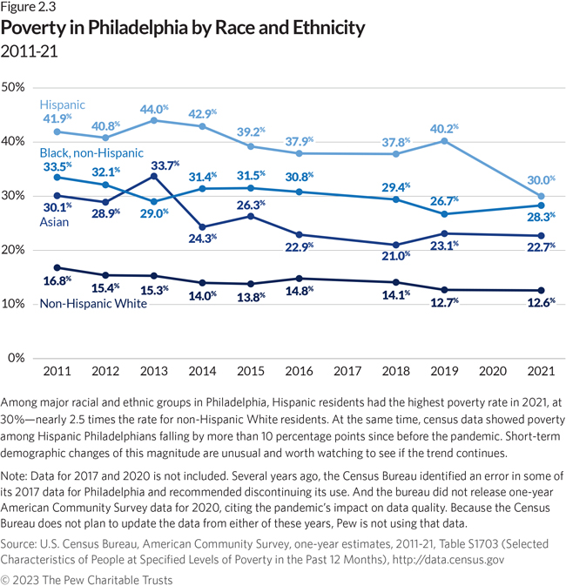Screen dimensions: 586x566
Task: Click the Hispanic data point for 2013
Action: tap(154, 120)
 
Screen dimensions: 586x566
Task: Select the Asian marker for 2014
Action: tap(203, 227)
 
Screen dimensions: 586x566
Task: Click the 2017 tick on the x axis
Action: tap(346, 371)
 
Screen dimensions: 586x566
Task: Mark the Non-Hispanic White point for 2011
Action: tap(57, 267)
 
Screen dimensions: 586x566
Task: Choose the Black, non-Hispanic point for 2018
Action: tap(396, 199)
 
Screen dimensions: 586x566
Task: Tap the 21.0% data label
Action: tap(395, 255)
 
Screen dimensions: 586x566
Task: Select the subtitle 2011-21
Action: tap(30, 51)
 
